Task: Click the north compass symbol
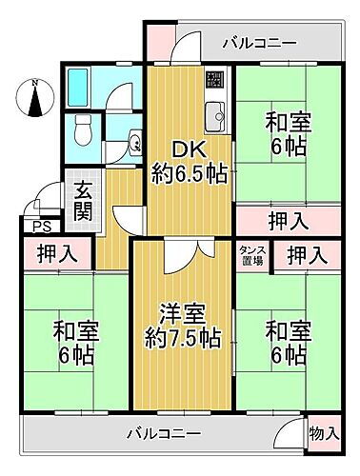[x=35, y=98]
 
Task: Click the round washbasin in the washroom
[x=133, y=144]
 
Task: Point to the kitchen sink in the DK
[x=214, y=114]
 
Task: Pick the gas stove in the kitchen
[x=215, y=81]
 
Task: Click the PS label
[x=37, y=226]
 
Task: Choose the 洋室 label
[x=181, y=310]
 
